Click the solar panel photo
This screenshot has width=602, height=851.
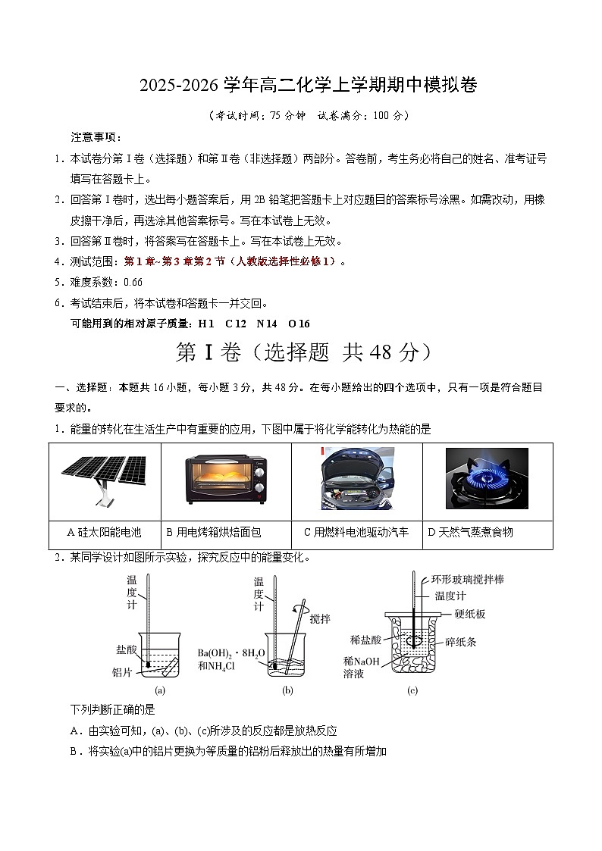coord(104,480)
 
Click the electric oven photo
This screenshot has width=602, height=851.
coord(227,479)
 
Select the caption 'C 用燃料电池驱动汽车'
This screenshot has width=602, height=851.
coord(356,532)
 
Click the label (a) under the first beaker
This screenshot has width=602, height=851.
coord(160,690)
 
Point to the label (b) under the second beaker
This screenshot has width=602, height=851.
coord(287,690)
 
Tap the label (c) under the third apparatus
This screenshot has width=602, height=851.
coord(412,690)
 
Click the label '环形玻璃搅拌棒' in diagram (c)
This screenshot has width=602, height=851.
coord(468,579)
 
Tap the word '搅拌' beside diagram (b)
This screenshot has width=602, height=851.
coord(321,618)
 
